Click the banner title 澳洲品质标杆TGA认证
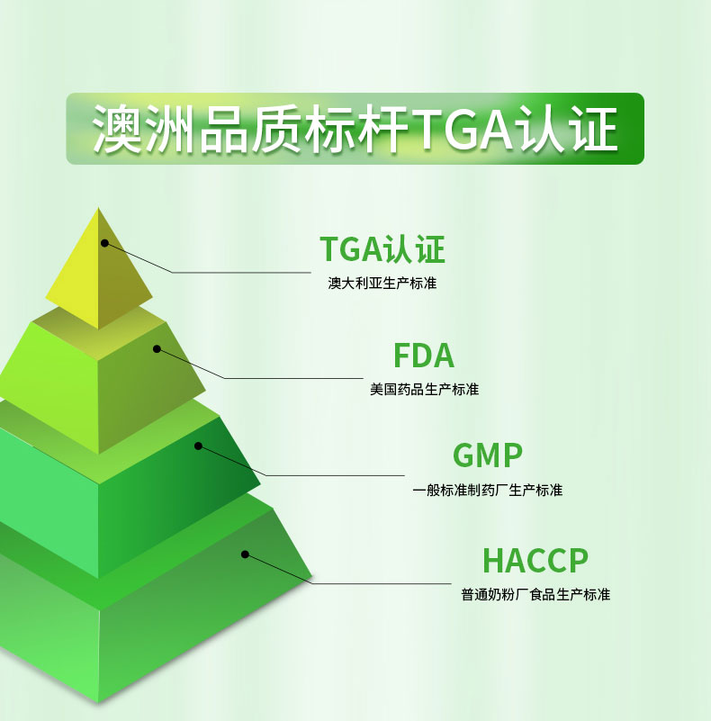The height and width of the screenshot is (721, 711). pyautogui.click(x=355, y=129)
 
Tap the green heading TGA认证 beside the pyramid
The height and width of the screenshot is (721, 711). pyautogui.click(x=382, y=248)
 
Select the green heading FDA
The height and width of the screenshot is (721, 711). pyautogui.click(x=424, y=356)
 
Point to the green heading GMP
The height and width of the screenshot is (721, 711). pyautogui.click(x=488, y=455)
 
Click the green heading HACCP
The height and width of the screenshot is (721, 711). pyautogui.click(x=535, y=560)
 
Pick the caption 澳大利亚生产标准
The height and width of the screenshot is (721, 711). pyautogui.click(x=382, y=284)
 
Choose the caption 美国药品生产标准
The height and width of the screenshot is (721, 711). pyautogui.click(x=425, y=390)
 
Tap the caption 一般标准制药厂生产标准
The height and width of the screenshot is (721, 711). pyautogui.click(x=488, y=491)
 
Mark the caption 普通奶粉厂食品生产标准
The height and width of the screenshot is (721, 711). pyautogui.click(x=535, y=595)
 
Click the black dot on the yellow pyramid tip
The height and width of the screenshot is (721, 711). pyautogui.click(x=105, y=243)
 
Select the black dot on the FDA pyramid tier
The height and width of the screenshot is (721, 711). pyautogui.click(x=157, y=349)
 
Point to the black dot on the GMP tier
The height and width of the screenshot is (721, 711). pyautogui.click(x=198, y=446)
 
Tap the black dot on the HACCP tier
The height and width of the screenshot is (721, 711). pyautogui.click(x=245, y=554)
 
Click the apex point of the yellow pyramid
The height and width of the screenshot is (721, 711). pyautogui.click(x=98, y=207)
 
